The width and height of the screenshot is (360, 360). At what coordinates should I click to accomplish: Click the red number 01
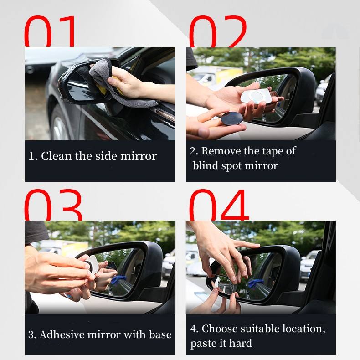click(50, 31)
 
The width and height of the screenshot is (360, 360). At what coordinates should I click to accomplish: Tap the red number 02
click(218, 31)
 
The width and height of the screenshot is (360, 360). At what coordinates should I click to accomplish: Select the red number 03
click(53, 205)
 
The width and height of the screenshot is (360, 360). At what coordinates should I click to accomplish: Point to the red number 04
click(219, 205)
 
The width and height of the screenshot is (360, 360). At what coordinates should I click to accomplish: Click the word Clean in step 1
click(56, 156)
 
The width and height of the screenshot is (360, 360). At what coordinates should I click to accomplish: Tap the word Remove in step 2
click(221, 151)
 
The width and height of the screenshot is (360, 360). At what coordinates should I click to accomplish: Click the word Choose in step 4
click(220, 329)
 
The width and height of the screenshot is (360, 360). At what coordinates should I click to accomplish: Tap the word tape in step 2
click(272, 152)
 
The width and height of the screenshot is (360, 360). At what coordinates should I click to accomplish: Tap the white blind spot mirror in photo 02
click(256, 96)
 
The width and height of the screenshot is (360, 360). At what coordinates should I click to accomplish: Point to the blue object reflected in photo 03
click(118, 282)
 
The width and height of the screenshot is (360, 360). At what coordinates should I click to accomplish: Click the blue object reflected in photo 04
click(255, 283)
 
